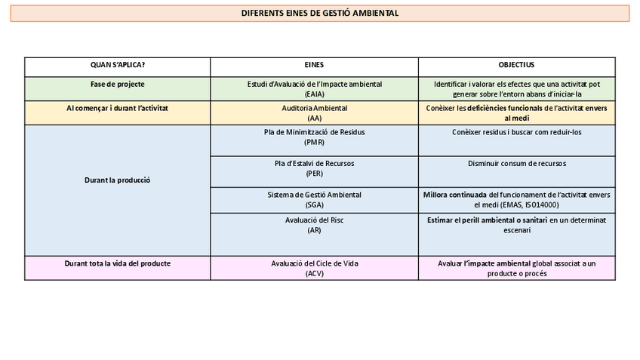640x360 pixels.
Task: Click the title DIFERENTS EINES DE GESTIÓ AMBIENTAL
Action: click(x=320, y=14)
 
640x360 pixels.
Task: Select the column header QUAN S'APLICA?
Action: click(x=118, y=66)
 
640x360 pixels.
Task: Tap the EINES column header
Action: click(x=314, y=66)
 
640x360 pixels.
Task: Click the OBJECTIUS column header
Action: click(x=516, y=66)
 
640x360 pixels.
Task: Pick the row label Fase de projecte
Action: click(x=118, y=84)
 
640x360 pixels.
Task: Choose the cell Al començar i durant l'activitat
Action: click(x=118, y=109)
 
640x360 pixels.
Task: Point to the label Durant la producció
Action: click(x=118, y=180)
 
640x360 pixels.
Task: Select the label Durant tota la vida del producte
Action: click(x=118, y=263)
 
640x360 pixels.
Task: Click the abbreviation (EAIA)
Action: click(x=314, y=94)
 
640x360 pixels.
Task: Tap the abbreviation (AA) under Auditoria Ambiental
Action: click(x=314, y=118)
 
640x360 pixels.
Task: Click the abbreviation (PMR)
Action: click(x=314, y=142)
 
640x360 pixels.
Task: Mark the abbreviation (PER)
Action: click(x=314, y=174)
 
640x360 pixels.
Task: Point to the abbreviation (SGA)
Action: click(x=314, y=205)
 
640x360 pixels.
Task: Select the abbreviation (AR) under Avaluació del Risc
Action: click(x=314, y=230)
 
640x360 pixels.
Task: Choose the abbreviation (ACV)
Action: click(x=314, y=274)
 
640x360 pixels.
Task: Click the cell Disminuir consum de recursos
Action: click(x=516, y=164)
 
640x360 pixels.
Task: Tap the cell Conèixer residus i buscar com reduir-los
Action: click(x=516, y=132)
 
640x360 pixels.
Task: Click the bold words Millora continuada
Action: click(x=455, y=195)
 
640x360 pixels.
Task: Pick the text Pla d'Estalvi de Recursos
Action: click(x=314, y=164)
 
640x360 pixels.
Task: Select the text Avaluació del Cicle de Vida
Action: click(x=314, y=263)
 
